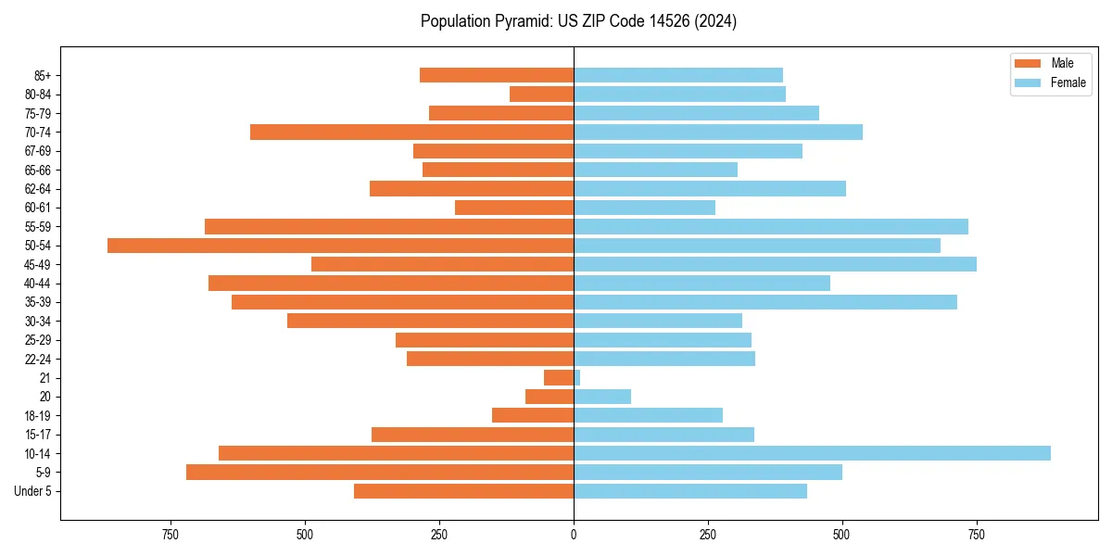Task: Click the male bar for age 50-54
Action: pos(340,246)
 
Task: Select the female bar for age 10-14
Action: pos(812,453)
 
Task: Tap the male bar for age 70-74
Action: pos(411,133)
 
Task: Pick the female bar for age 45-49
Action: pos(775,264)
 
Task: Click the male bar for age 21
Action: pos(559,378)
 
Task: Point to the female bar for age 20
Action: pos(602,397)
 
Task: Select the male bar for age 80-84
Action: pos(541,95)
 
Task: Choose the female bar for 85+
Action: pos(678,75)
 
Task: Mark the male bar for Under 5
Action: pos(463,491)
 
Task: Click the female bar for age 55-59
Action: pos(771,227)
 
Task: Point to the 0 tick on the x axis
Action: pos(574,535)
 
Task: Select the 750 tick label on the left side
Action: pos(170,535)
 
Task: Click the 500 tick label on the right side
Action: pos(841,535)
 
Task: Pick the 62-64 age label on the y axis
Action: pos(38,189)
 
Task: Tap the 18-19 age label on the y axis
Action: pos(38,416)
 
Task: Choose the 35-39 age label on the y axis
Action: pos(38,302)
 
